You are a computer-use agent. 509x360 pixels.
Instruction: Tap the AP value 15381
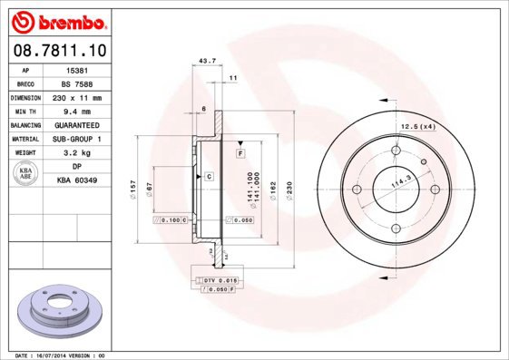tap(77, 70)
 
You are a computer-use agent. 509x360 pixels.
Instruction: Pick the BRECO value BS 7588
tap(77, 83)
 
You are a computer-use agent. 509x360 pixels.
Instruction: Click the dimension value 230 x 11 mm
tap(77, 97)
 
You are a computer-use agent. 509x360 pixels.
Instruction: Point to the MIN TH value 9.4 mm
tap(77, 111)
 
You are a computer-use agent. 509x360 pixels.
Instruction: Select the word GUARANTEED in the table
tap(77, 125)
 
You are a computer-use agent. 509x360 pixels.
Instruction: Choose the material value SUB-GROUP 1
tap(77, 139)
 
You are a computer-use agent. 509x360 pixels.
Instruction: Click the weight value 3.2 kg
tap(77, 153)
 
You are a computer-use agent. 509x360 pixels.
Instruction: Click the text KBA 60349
tap(77, 181)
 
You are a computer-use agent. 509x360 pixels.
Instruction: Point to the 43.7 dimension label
tap(207, 61)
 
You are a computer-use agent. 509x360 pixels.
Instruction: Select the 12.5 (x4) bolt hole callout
tap(418, 126)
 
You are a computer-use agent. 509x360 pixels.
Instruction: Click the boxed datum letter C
tap(209, 175)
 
